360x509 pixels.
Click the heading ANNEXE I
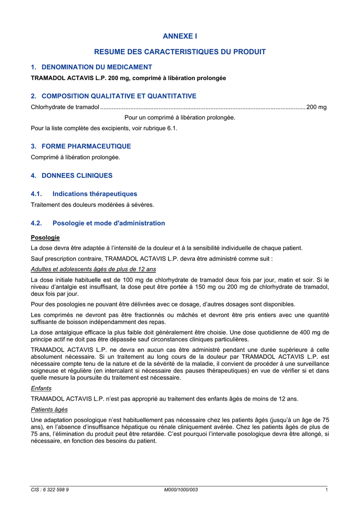click(180, 36)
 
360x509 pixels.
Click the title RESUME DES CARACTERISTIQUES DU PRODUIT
click(180, 52)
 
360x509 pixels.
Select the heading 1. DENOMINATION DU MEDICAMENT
click(91, 67)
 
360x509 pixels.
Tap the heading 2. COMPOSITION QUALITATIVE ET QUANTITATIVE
click(113, 96)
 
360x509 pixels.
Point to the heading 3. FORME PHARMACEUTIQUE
click(81, 146)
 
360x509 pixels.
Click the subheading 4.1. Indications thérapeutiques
click(84, 194)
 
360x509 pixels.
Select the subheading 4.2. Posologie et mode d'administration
click(98, 223)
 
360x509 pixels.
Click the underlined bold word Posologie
click(45, 238)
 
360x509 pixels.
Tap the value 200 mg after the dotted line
click(317, 107)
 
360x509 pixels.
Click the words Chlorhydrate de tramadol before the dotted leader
click(65, 107)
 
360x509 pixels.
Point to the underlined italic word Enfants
click(41, 388)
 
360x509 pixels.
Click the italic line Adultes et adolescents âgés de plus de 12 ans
click(93, 269)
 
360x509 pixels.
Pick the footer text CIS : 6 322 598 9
click(50, 490)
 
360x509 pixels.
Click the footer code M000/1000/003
click(181, 490)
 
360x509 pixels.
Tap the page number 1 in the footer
click(326, 490)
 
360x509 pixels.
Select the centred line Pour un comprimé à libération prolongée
click(180, 117)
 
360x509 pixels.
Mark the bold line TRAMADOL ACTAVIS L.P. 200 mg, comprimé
click(128, 78)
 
